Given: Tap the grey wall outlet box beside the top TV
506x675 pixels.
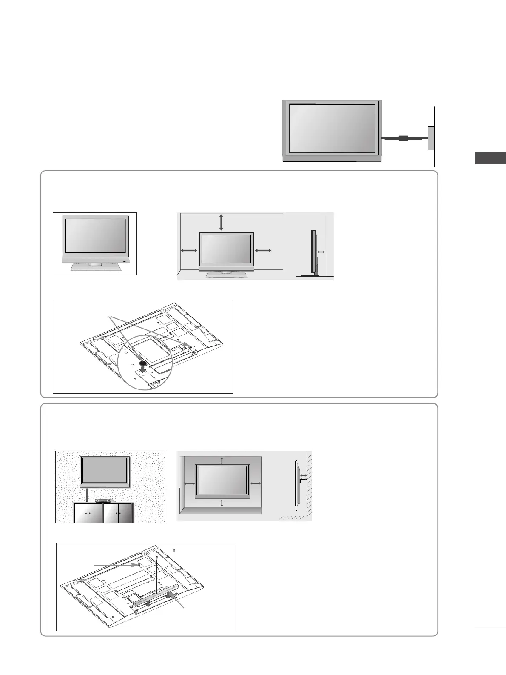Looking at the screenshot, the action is (431, 138).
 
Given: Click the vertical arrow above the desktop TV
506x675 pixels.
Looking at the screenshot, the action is (221, 223).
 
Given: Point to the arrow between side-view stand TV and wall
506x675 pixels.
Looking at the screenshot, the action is (321, 252).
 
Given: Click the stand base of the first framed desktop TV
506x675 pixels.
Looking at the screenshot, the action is (95, 267).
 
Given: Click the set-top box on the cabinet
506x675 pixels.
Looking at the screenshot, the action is (102, 501).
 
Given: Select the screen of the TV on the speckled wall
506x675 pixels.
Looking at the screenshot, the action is (104, 470).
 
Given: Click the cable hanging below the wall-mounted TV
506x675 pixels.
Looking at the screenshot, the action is (87, 495).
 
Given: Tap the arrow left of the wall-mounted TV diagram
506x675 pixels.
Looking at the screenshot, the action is (190, 483).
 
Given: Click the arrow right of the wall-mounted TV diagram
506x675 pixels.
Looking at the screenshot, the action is (255, 483).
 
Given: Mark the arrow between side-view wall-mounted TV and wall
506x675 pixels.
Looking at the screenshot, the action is (303, 475).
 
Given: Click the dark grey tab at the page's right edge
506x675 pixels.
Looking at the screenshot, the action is (490, 158).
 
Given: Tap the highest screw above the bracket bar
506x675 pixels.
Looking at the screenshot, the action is (175, 550).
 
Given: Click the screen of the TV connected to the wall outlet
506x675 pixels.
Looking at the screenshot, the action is (332, 128).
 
